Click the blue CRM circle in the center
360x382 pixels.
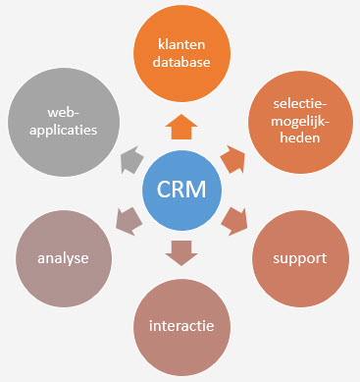coord(181,191)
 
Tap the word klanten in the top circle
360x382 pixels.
coord(181,45)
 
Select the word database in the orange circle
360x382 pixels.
coord(181,62)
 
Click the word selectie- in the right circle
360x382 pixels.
coord(300,104)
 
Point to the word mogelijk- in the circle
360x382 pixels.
coord(300,122)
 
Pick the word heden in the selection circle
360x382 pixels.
coord(300,137)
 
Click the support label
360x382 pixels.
coord(300,258)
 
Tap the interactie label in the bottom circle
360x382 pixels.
coord(181,326)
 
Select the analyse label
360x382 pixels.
coord(63,258)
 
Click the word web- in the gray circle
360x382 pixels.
coord(64,113)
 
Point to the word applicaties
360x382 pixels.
coord(64,131)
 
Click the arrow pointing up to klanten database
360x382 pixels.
coord(181,127)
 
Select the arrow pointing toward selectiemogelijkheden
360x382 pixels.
coord(233,159)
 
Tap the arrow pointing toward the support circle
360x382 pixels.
coord(234,221)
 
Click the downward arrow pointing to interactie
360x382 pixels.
coord(181,253)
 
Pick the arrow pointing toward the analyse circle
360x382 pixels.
coord(129,221)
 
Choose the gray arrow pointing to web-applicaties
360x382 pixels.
coord(131,160)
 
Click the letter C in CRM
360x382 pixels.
coord(163,190)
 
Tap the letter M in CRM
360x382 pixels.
coord(196,190)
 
